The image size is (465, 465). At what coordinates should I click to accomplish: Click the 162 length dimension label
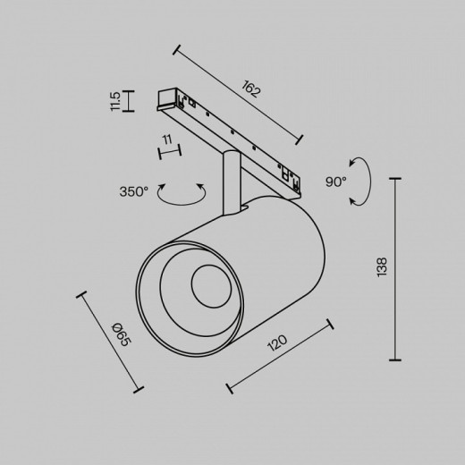coord(251,89)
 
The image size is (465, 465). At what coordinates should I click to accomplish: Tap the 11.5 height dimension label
coord(115,101)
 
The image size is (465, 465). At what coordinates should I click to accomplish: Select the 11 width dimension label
coord(168,139)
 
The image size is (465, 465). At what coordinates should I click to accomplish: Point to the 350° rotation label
coord(133,191)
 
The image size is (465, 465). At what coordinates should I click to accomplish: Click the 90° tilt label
coord(336,182)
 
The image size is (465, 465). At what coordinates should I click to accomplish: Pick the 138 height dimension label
coord(382,267)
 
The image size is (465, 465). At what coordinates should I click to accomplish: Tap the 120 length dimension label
coord(277,342)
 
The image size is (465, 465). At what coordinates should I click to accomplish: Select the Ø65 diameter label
coord(122,334)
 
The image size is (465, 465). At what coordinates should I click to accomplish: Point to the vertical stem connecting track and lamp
coord(231,182)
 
